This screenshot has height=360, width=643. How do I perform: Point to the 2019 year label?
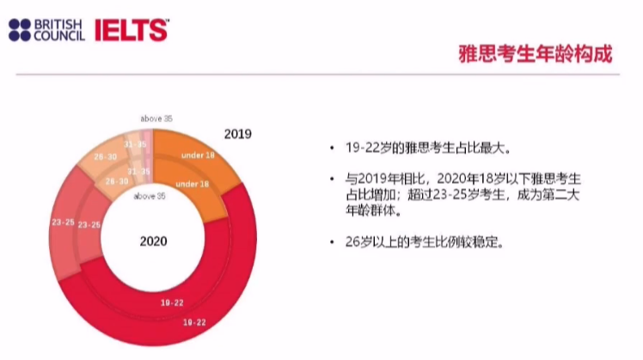(x=236, y=134)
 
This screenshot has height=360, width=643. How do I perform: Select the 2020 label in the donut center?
(x=153, y=241)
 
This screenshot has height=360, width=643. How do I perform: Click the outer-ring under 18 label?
(x=197, y=155)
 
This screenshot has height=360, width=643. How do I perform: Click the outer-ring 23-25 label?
(x=62, y=223)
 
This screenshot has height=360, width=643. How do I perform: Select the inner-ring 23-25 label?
(x=89, y=224)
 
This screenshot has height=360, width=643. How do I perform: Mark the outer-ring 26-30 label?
(x=105, y=157)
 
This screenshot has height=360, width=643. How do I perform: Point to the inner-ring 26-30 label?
(x=117, y=181)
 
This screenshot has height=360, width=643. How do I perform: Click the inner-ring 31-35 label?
(x=139, y=172)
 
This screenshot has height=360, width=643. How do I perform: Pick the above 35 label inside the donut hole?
(x=150, y=196)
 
